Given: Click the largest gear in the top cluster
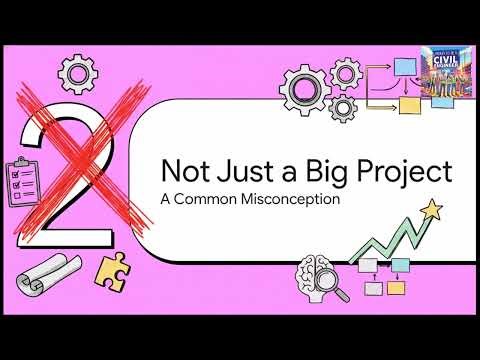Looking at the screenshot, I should [x=304, y=89].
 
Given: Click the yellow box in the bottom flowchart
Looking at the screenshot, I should [x=396, y=287].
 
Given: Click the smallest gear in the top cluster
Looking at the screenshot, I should [x=343, y=107].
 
